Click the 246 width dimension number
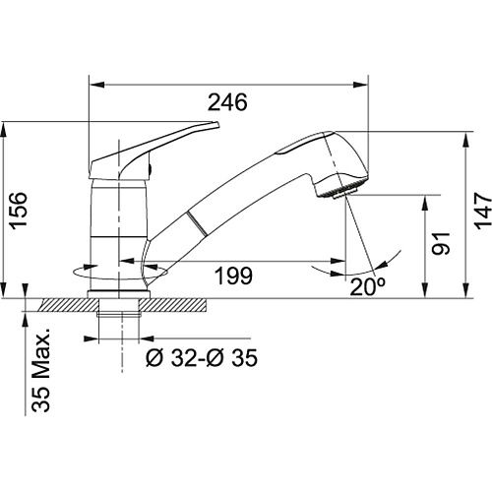click(227, 102)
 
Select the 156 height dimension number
click(18, 211)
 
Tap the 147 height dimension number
click(483, 211)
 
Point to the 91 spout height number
click(441, 243)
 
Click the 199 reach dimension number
click(233, 276)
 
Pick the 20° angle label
click(367, 287)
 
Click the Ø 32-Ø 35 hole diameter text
click(202, 357)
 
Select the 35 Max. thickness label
click(41, 370)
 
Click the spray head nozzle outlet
click(343, 193)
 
